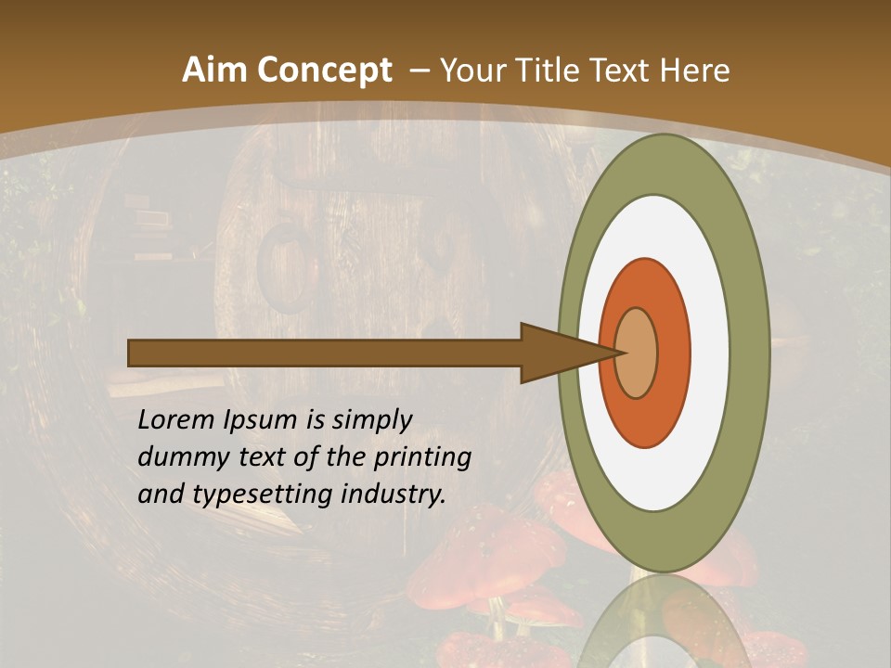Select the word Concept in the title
point(325,71)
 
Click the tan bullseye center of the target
point(637,353)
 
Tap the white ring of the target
point(709,353)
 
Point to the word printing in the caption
point(423,457)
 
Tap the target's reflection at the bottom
point(663,626)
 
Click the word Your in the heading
point(470,71)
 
